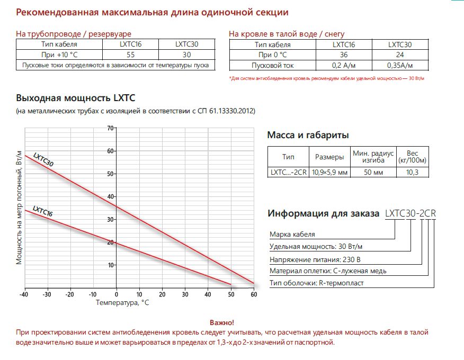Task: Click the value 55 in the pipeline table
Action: pyautogui.click(x=130, y=55)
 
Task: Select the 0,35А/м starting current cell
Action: pyautogui.click(x=400, y=66)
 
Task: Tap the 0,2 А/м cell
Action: pyautogui.click(x=344, y=66)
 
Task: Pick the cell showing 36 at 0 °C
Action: pyautogui.click(x=344, y=55)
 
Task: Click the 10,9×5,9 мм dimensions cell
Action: pyautogui.click(x=329, y=172)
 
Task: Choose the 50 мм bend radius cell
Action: pyautogui.click(x=372, y=172)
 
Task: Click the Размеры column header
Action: pyautogui.click(x=329, y=157)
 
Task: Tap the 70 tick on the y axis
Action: pyautogui.click(x=111, y=128)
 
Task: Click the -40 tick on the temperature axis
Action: pyautogui.click(x=24, y=294)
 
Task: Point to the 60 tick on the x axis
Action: pyautogui.click(x=253, y=294)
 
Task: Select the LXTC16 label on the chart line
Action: pyautogui.click(x=42, y=212)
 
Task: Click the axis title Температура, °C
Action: pyautogui.click(x=122, y=303)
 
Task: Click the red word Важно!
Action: pyautogui.click(x=221, y=322)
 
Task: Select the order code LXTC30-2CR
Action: pyautogui.click(x=411, y=214)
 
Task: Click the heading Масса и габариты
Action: pyautogui.click(x=308, y=135)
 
